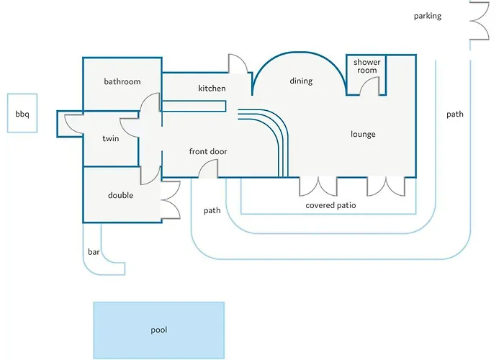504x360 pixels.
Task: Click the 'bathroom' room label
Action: coord(122,81)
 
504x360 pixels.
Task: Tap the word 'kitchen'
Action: coord(212,89)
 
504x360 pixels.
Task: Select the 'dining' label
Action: coord(301,81)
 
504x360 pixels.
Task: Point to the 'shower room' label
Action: coord(366,66)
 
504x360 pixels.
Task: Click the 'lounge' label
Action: coord(363,134)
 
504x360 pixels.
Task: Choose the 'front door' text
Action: coord(208,151)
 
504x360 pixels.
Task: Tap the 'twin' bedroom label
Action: coord(110,138)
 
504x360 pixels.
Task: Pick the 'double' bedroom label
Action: coord(120,195)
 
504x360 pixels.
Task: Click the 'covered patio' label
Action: coord(330,205)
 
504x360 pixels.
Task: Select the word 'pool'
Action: coord(158,330)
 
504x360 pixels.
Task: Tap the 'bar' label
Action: coord(93,252)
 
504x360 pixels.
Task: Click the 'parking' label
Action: coord(427,16)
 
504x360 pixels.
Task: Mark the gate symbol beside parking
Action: coord(479,22)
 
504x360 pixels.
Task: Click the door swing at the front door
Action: coord(208,170)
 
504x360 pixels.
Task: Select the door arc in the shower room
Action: coord(370,86)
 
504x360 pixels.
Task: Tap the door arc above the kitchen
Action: coord(238,64)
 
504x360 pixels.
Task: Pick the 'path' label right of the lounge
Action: coord(454,114)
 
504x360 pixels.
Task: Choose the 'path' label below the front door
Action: coord(212,211)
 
